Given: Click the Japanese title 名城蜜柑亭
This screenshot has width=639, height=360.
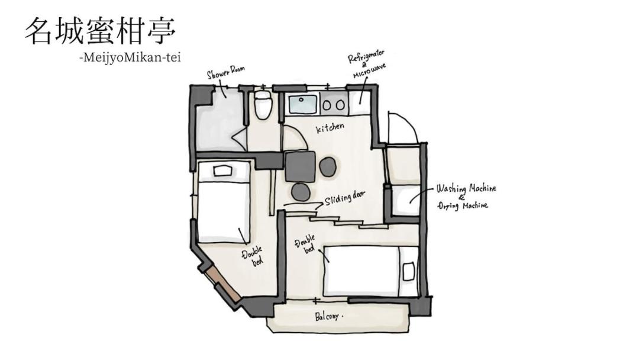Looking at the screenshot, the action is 101,31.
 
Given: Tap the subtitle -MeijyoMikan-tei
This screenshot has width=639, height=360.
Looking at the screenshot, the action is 130,58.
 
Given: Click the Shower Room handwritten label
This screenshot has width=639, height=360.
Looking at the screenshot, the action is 226,73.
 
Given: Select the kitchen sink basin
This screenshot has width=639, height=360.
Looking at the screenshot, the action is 302,105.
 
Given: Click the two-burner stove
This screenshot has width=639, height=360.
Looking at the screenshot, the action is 334,105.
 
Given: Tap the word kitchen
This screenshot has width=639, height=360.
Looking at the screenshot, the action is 330,128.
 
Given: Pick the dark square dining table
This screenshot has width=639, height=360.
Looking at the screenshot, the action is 301,166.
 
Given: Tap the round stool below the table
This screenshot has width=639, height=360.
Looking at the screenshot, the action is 301,192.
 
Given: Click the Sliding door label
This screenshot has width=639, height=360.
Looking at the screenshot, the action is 344,198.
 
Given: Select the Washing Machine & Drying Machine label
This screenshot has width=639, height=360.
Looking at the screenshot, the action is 466,197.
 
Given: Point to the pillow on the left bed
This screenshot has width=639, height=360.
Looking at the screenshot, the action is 223,171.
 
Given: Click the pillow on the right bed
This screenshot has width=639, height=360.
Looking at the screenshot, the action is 408,271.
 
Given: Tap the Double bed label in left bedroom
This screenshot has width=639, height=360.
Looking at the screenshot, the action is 253,256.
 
